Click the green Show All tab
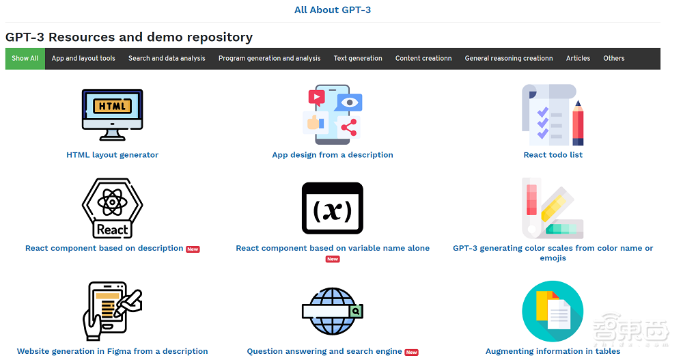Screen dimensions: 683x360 25,58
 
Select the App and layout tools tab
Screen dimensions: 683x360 83,58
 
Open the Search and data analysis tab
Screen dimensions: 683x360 167,58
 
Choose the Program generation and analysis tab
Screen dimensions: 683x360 269,58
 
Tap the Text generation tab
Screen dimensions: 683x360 358,58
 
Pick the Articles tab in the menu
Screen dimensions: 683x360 578,58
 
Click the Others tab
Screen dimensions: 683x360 614,58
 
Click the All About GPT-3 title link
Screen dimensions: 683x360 333,10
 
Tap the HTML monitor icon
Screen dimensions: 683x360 113,115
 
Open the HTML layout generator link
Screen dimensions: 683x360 113,154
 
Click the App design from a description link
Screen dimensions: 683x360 333,154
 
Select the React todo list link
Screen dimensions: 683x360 553,154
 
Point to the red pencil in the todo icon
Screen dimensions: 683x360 578,123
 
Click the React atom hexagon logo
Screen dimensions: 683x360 113,208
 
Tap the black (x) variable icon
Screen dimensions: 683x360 333,208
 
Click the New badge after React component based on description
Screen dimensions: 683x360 193,249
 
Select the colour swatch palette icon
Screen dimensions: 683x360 553,208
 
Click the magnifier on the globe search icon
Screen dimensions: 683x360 356,311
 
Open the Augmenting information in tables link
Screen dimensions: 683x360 553,351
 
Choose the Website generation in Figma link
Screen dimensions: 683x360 113,351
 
